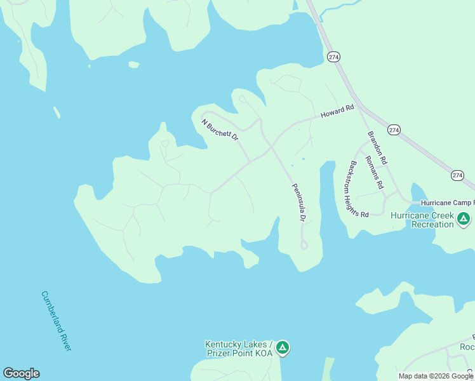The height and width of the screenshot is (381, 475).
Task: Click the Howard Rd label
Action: pyautogui.click(x=337, y=112)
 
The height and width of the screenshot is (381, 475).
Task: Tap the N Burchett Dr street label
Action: pyautogui.click(x=220, y=130)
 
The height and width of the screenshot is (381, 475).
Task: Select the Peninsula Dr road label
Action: pyautogui.click(x=298, y=203)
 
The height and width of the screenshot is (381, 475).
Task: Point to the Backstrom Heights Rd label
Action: pyautogui.click(x=356, y=189)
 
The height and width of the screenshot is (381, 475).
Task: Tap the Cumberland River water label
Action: pyautogui.click(x=57, y=321)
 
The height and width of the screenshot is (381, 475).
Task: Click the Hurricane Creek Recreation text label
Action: pyautogui.click(x=422, y=220)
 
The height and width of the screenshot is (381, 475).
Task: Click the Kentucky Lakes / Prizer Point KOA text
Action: pyautogui.click(x=238, y=348)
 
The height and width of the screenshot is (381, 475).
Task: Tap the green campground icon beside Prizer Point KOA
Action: pyautogui.click(x=283, y=348)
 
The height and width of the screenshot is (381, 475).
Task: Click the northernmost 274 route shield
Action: pyautogui.click(x=334, y=57)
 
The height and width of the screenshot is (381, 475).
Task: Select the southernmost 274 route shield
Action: pyautogui.click(x=457, y=175)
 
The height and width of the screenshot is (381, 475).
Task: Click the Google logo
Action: pyautogui.click(x=21, y=373)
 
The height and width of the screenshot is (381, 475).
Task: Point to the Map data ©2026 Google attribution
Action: pyautogui.click(x=436, y=376)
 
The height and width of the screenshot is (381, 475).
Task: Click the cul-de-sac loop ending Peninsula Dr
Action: pyautogui.click(x=304, y=245)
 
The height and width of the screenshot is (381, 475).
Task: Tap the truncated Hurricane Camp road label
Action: pyautogui.click(x=447, y=203)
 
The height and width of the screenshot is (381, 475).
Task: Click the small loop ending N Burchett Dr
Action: pyautogui.click(x=243, y=98)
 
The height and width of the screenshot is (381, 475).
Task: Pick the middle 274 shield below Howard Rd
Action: pyautogui.click(x=394, y=130)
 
